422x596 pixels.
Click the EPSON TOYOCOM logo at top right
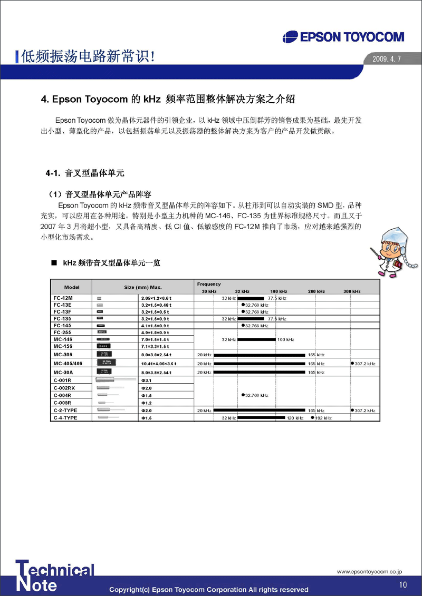click(x=343, y=37)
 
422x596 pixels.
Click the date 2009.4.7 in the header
click(x=387, y=59)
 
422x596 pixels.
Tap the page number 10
click(x=403, y=584)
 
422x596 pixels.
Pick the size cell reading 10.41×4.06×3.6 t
click(x=158, y=364)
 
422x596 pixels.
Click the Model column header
click(x=72, y=287)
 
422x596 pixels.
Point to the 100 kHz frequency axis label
click(x=279, y=291)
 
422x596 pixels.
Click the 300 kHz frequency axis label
click(x=352, y=291)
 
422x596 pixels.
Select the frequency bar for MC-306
click(x=259, y=355)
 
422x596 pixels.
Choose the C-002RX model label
click(x=64, y=388)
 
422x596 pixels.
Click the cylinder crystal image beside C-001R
click(x=112, y=380)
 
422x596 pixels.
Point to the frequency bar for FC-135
click(x=251, y=318)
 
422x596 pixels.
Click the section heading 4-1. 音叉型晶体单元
click(x=85, y=173)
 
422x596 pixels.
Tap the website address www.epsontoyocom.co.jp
click(x=370, y=571)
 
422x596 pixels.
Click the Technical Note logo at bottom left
click(x=55, y=576)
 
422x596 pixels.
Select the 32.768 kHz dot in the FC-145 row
click(x=243, y=325)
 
